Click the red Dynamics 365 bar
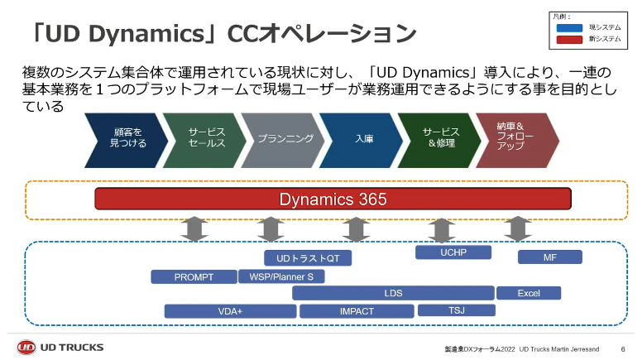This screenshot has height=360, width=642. click(x=333, y=199)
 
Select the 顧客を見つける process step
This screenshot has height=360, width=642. click(x=127, y=138)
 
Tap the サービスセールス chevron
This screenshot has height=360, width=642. click(x=205, y=138)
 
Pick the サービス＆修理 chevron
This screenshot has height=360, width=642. click(x=440, y=138)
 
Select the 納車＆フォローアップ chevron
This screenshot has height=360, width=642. click(x=513, y=138)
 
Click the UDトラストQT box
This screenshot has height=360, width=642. click(x=308, y=258)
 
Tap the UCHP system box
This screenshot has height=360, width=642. click(x=453, y=252)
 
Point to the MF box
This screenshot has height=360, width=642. click(x=549, y=257)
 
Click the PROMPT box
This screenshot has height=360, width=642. click(x=194, y=277)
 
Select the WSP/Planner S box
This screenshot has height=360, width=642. click(x=281, y=277)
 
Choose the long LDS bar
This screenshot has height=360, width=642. click(x=393, y=293)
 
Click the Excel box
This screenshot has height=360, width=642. click(x=529, y=293)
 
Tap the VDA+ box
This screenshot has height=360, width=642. click(x=230, y=311)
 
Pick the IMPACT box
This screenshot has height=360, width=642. click(x=357, y=311)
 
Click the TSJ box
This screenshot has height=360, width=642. click(x=456, y=310)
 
